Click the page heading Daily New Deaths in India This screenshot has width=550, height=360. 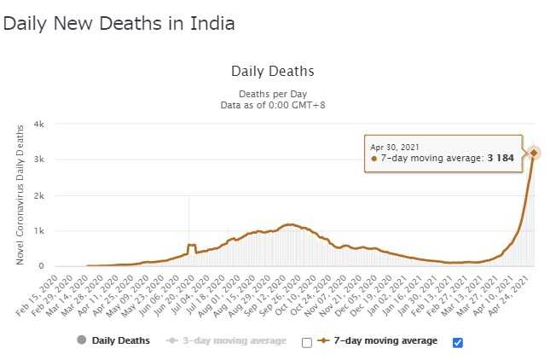pos(119,24)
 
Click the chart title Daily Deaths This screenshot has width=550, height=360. pos(273,71)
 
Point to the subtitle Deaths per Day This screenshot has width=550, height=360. pos(273,93)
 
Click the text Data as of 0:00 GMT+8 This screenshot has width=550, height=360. pos(273,104)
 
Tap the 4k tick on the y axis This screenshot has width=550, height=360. pos(39,125)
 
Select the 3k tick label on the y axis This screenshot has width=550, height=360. pos(39,160)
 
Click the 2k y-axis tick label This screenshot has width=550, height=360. pos(39,196)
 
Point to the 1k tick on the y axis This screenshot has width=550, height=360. pos(39,231)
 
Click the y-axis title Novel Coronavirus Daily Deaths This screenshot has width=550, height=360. pos(20,195)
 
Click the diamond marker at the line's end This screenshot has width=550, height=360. pos(534,153)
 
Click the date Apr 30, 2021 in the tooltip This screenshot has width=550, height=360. pos(396,147)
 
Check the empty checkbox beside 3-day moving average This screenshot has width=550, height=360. pos(307,342)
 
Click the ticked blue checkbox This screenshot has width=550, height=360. pos(458,342)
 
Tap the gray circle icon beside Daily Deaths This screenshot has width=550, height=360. pos(82,341)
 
